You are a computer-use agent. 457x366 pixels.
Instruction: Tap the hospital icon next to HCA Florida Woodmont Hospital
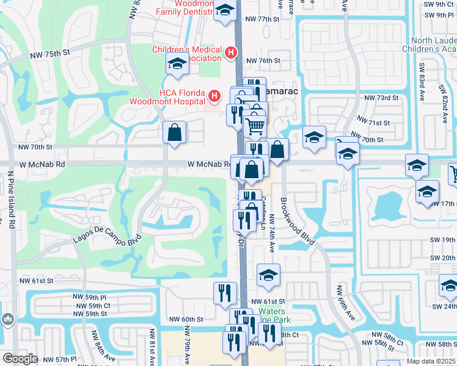click(x=214, y=96)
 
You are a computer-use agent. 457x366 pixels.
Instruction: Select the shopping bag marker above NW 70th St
click(x=175, y=132)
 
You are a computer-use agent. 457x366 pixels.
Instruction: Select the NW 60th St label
click(x=186, y=319)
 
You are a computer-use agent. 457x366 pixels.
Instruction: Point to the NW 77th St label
click(x=262, y=19)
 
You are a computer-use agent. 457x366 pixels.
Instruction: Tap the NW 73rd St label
click(x=381, y=98)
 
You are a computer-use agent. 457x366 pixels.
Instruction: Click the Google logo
click(x=20, y=358)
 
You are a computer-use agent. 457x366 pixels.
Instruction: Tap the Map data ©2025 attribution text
click(x=430, y=361)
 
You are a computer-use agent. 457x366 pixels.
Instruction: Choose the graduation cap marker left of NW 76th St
click(x=177, y=63)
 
